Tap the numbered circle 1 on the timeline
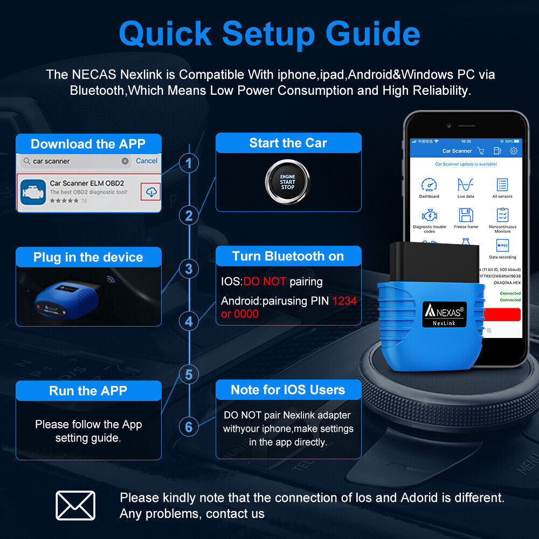click(188, 163)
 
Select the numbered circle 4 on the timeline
click(188, 322)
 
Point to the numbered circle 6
click(188, 427)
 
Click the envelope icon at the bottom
click(75, 506)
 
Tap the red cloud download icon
click(152, 191)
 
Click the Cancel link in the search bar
click(147, 161)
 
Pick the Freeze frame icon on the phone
click(466, 216)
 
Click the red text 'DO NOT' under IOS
click(265, 281)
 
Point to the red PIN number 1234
click(344, 301)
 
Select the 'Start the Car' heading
click(288, 143)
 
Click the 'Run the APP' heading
click(88, 391)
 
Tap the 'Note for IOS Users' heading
click(288, 390)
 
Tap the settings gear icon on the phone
click(514, 151)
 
